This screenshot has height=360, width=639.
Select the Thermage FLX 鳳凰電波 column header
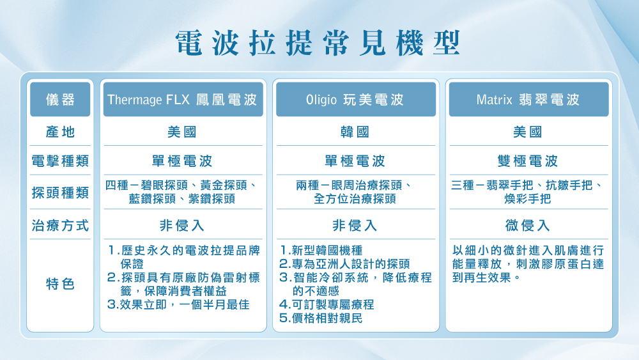tap(183, 100)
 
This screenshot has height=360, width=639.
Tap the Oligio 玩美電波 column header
tap(355, 100)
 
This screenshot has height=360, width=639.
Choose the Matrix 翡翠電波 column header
tap(528, 100)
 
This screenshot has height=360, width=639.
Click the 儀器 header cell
tap(60, 100)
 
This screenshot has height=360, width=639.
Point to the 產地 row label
tap(60, 132)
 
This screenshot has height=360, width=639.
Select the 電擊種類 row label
tap(60, 160)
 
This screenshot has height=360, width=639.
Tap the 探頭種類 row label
tap(60, 192)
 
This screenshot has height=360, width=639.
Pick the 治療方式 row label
tap(60, 226)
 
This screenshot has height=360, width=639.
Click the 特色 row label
tap(60, 283)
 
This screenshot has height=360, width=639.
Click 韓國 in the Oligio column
tap(355, 132)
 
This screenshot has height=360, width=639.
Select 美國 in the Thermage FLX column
tap(182, 132)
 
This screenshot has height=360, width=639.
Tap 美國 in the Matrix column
tap(528, 132)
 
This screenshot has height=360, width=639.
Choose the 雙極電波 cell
tap(528, 160)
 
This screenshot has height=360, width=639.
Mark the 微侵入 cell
tap(528, 226)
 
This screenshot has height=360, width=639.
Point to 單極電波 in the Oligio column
tap(355, 160)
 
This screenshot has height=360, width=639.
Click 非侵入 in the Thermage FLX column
tap(182, 226)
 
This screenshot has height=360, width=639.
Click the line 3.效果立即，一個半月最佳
tap(179, 304)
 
